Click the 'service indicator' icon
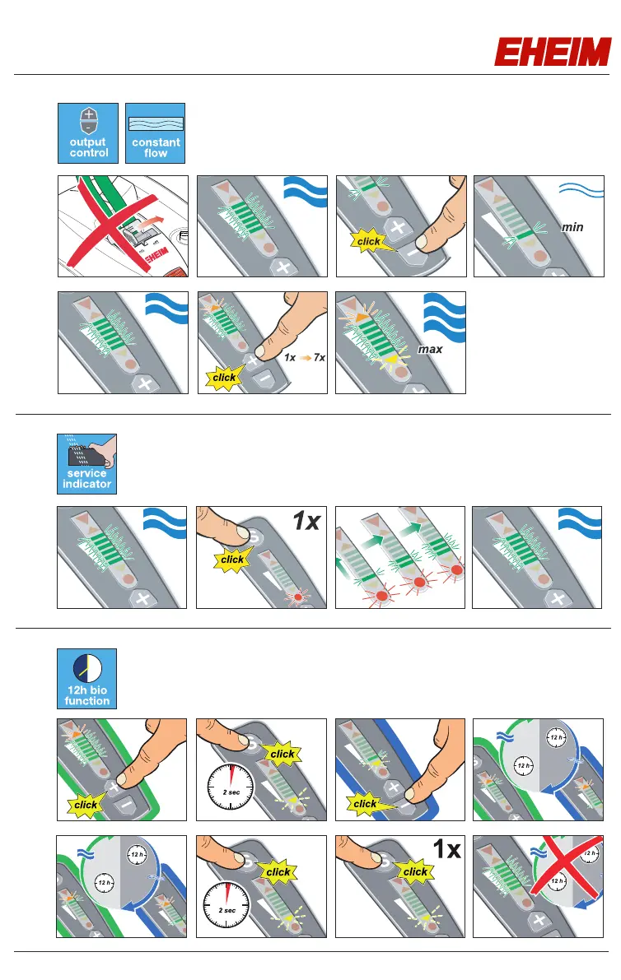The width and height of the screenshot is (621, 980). click(87, 464)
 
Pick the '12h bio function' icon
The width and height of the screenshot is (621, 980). click(87, 679)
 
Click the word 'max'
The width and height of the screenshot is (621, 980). click(430, 350)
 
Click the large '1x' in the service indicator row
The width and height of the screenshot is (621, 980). click(306, 523)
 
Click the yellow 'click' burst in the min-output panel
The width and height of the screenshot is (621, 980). click(368, 240)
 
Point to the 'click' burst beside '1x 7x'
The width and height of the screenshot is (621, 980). click(224, 377)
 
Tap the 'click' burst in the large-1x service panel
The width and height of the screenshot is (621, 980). click(232, 559)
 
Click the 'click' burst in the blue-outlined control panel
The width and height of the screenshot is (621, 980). click(365, 803)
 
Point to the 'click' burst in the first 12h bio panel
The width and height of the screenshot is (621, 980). click(86, 805)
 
